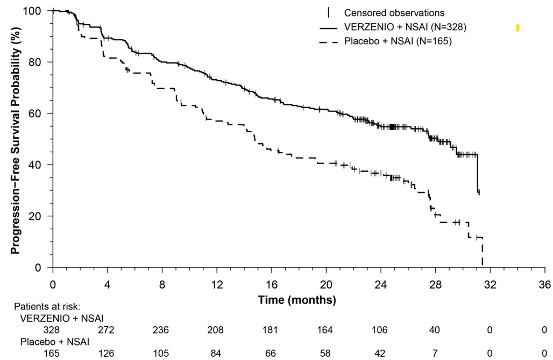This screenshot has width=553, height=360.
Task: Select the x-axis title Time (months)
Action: [x=297, y=300]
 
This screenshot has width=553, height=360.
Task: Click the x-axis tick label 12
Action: [x=217, y=284]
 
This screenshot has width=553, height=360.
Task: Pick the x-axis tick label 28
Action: [x=436, y=284]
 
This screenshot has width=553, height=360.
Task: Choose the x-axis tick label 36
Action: [x=545, y=284]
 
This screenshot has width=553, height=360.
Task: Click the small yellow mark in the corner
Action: [x=517, y=27]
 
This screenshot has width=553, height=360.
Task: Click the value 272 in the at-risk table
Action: [x=107, y=330]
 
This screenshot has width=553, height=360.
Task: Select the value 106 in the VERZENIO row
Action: [x=379, y=330]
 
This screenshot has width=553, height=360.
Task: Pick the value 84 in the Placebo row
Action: [x=216, y=353]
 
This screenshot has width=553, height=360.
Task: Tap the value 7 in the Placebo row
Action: [x=435, y=353]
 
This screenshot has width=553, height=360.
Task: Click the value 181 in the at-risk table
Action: [x=270, y=330]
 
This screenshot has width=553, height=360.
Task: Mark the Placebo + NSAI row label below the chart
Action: [x=55, y=342]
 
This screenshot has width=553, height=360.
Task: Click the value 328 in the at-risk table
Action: [x=52, y=330]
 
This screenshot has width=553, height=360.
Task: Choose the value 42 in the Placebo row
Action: [x=379, y=353]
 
